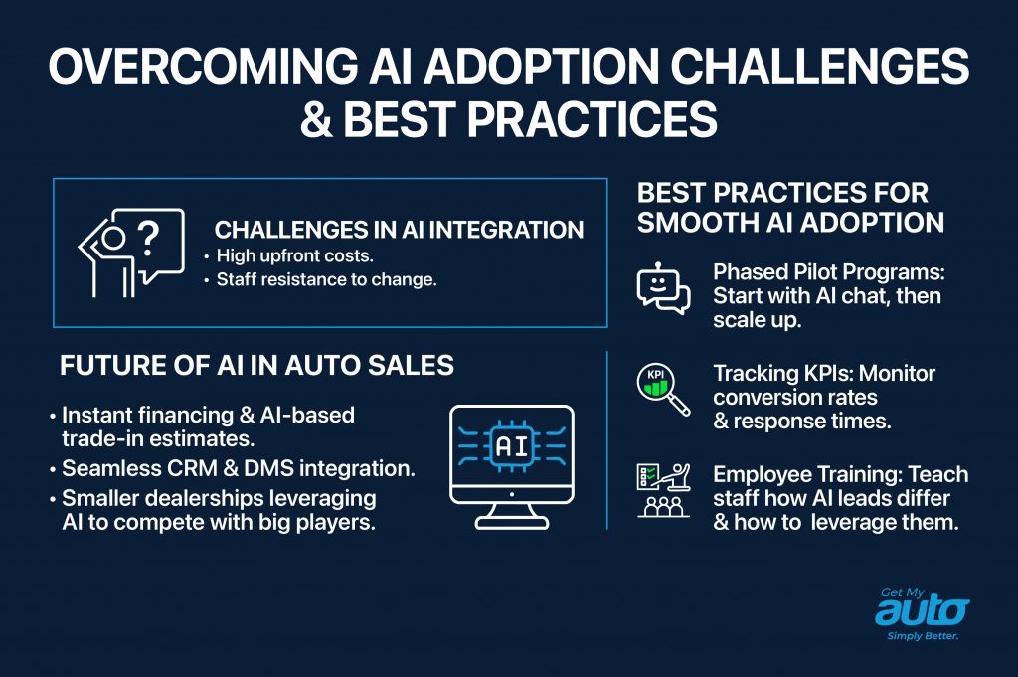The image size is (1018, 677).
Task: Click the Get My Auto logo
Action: [x=921, y=610]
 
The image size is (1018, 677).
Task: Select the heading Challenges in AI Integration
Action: [x=399, y=231]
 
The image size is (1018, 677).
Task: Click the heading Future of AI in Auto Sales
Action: [x=256, y=365]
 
